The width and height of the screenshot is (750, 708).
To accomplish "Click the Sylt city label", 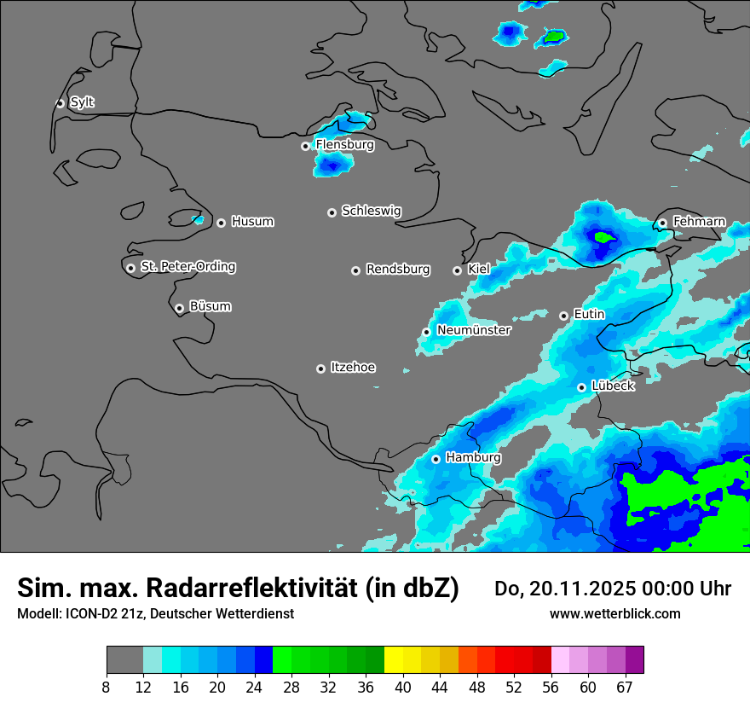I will coord(82,102).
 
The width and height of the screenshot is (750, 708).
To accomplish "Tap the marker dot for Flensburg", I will coord(305,146).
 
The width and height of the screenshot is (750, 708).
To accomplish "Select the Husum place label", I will coord(252,222).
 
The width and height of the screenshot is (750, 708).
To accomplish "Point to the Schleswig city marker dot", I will coord(332,212).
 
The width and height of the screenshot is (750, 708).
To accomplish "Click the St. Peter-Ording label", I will coord(187,267).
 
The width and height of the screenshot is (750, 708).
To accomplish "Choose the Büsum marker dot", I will coord(179,308).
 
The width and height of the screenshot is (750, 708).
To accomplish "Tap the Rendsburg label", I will coord(397,270).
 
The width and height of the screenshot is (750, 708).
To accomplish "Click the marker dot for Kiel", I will coord(457,270).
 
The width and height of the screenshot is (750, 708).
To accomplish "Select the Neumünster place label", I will coord(474,330).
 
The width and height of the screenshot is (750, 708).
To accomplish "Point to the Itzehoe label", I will coord(353,368).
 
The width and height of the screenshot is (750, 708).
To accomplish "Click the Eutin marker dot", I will coord(563,316).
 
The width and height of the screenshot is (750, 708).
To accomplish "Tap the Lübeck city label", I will coord(613,386).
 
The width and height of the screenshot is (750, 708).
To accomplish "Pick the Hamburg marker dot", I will coord(436,459).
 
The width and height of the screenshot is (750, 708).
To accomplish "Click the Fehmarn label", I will coord(699,222).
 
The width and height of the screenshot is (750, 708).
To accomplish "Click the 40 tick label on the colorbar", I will coord(403,688).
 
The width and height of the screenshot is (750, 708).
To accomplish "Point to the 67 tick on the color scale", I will coord(625,688).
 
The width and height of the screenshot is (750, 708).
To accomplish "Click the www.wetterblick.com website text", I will coord(614,613).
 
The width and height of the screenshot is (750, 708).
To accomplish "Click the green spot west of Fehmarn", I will coord(603,237).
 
